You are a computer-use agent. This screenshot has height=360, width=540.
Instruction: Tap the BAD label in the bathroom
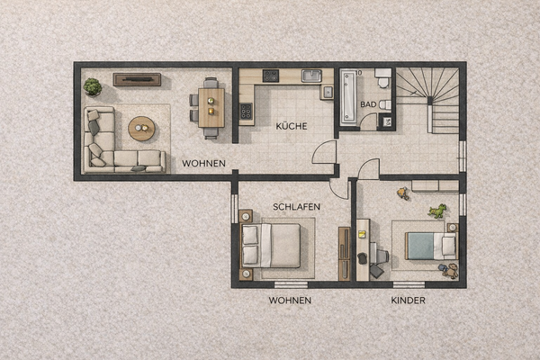[x=368, y=105]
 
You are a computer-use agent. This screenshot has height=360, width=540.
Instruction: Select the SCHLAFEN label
[x=297, y=206]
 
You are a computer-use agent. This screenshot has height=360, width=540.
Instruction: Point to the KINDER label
[x=409, y=299]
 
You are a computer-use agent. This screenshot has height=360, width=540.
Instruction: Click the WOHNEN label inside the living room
[x=203, y=163]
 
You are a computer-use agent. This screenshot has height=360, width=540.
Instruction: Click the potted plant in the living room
[x=93, y=86]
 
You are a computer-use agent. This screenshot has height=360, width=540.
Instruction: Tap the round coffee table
[x=141, y=129]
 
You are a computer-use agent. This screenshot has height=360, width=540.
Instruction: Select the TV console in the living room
[x=137, y=79]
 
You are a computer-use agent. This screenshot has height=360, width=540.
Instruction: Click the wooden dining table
[x=211, y=107]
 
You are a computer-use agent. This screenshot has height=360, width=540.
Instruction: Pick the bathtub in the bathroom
[x=349, y=97]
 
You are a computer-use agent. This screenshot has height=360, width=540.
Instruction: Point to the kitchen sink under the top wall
[x=311, y=76]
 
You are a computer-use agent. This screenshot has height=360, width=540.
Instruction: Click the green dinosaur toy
[x=437, y=212]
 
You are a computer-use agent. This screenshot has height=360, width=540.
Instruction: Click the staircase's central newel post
[x=433, y=97]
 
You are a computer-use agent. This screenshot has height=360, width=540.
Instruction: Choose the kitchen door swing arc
[x=323, y=152]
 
